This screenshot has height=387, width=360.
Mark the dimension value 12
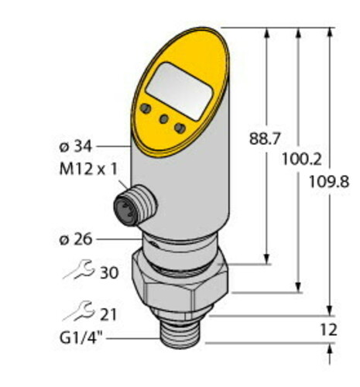[x=328, y=330]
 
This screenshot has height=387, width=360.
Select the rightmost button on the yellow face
[x=180, y=127]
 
